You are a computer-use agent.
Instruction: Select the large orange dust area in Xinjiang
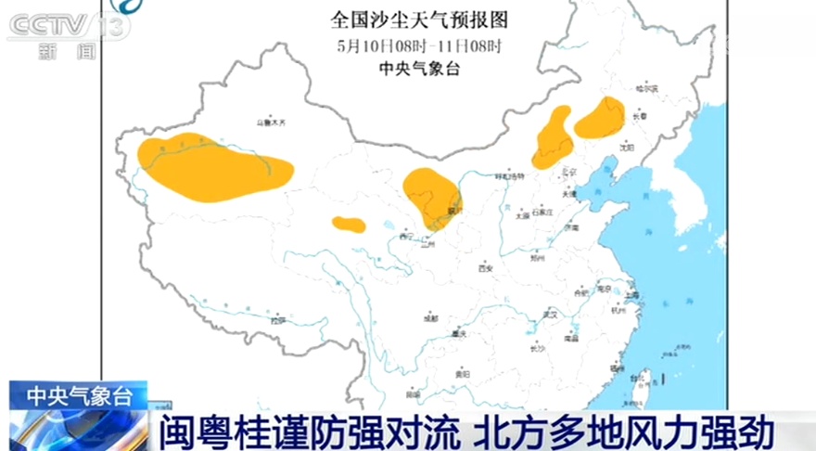pyautogui.click(x=212, y=168)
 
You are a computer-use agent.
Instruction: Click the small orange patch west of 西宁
pyautogui.click(x=349, y=224)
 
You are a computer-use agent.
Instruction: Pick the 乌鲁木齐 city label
pyautogui.click(x=272, y=122)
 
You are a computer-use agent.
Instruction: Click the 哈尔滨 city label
pyautogui.click(x=645, y=89)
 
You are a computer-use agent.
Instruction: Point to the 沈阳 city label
pyautogui.click(x=627, y=147)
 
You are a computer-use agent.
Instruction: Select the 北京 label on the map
pyautogui.click(x=569, y=173)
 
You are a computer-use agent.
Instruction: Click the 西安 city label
pyautogui.click(x=484, y=268)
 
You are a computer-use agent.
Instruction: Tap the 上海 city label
pyautogui.click(x=633, y=296)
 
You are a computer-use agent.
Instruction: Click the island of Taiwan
pyautogui.click(x=642, y=380)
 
